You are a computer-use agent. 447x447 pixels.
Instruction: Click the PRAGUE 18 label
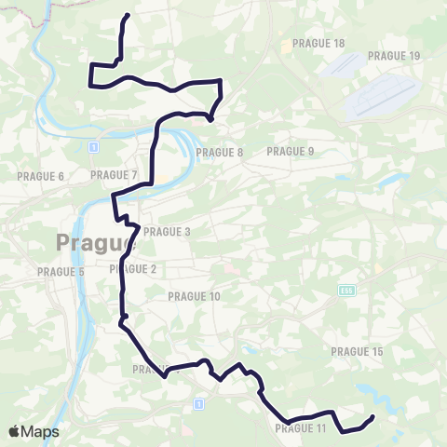coord(318,44)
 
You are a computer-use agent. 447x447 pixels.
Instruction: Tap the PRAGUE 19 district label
coord(394,56)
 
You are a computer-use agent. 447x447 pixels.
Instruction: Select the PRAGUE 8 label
coord(221,152)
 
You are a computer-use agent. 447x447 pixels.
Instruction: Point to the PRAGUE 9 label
coord(291,151)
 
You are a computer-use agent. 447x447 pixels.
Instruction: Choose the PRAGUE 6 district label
coord(40,176)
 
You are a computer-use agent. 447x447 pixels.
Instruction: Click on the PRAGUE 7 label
coord(114,174)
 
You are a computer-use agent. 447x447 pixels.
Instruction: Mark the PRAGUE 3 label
coord(167,231)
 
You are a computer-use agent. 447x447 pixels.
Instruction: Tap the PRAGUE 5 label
coord(61,272)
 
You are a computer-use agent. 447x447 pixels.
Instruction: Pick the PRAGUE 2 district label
coord(132,269)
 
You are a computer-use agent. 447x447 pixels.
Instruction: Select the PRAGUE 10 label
coord(194,296)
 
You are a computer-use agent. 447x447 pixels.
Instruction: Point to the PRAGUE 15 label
coord(357,351)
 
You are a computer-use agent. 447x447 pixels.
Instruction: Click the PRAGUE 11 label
coord(301,428)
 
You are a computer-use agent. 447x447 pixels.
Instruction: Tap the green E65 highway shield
coord(345,291)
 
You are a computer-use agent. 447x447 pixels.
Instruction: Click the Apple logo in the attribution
coord(14,431)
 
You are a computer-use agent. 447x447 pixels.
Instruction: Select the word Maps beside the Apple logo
coord(40,431)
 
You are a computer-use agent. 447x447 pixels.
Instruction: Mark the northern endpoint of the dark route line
coord(128,16)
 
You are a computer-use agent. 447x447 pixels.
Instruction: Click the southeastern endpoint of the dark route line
coord(372,416)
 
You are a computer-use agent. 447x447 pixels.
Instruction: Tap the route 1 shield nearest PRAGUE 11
coord(198,403)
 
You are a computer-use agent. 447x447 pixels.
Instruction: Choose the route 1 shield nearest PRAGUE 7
coord(94,147)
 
